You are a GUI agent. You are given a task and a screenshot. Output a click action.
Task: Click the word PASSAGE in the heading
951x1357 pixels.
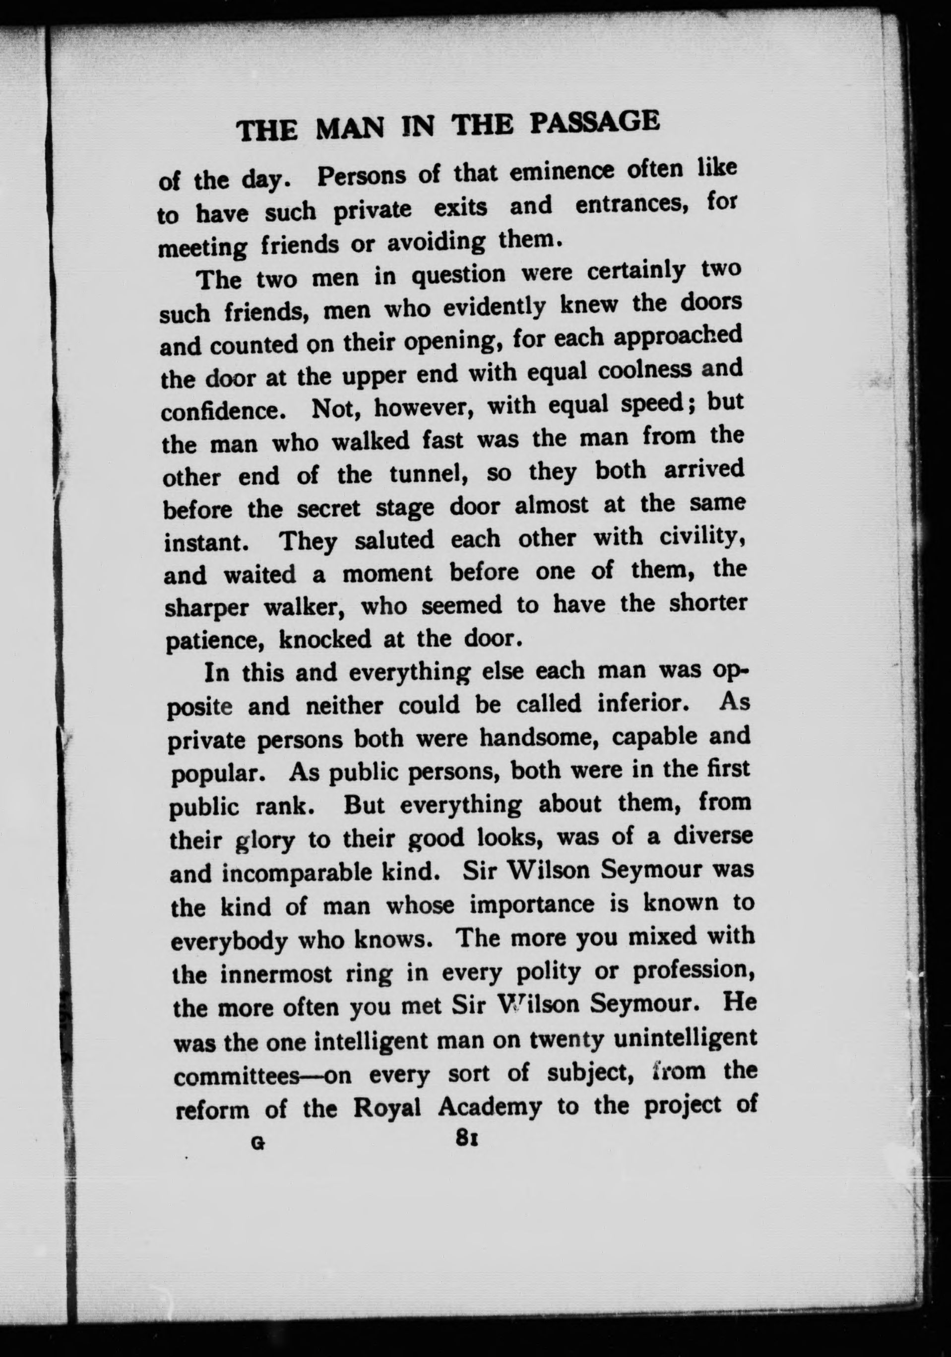click(x=593, y=123)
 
